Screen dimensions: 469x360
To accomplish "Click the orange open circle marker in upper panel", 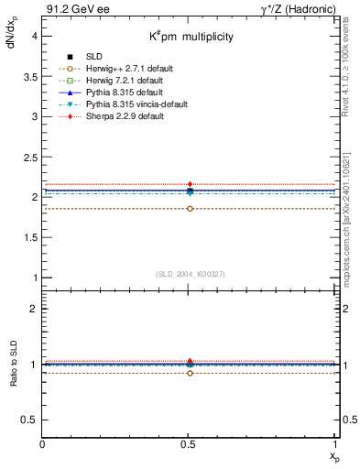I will click(190, 209).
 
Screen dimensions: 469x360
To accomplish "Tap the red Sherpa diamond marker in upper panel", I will click(190, 184).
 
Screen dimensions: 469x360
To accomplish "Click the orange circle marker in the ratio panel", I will click(190, 373).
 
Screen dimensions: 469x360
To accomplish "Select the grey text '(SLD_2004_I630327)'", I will click(190, 274).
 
